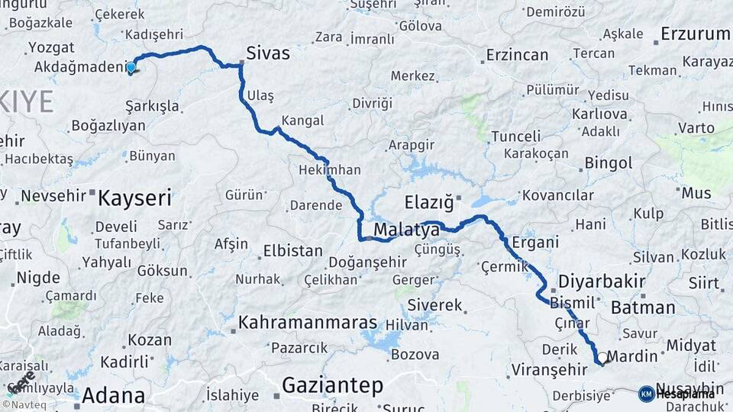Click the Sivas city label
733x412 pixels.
pyautogui.click(x=267, y=53)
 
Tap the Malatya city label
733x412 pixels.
pyautogui.click(x=406, y=230)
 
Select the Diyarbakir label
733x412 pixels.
pyautogui.click(x=602, y=280)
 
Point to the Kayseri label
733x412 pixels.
pyautogui.click(x=134, y=198)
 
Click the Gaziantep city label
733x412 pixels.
pyautogui.click(x=332, y=386)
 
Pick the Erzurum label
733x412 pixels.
pyautogui.click(x=695, y=34)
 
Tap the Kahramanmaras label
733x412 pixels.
pyautogui.click(x=308, y=323)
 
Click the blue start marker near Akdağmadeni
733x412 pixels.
pyautogui.click(x=131, y=67)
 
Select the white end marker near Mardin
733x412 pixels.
pyautogui.click(x=602, y=357)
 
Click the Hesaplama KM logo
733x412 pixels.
pyautogui.click(x=677, y=394)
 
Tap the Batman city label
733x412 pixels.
pyautogui.click(x=643, y=308)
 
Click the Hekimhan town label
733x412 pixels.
pyautogui.click(x=330, y=169)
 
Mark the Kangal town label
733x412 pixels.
pyautogui.click(x=302, y=121)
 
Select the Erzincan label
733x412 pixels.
pyautogui.click(x=517, y=55)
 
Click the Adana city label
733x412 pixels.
pyautogui.click(x=113, y=396)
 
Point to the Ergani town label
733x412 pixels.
pyautogui.click(x=535, y=242)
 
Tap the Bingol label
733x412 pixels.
pyautogui.click(x=608, y=163)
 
